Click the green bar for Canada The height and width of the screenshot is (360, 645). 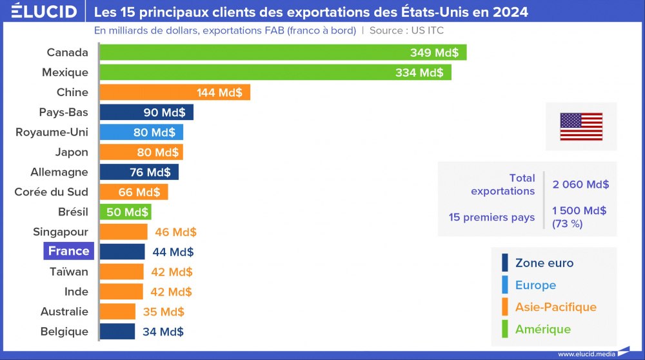(283, 52)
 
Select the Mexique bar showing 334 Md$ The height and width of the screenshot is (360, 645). (275, 72)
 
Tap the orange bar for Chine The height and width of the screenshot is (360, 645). (175, 92)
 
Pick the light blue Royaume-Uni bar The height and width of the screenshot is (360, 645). (141, 132)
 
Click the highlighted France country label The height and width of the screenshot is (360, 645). (68, 251)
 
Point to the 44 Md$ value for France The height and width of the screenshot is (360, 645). (173, 252)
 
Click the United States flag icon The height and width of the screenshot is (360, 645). (581, 126)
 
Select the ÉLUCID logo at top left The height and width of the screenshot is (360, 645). (44, 12)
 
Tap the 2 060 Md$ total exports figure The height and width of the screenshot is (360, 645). (580, 185)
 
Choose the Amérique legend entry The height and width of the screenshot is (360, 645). (542, 329)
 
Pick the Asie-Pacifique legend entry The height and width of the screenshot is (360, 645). (555, 307)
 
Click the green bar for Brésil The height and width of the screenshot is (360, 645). (125, 212)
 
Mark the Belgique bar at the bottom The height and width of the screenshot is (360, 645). (117, 332)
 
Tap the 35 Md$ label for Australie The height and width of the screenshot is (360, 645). (163, 312)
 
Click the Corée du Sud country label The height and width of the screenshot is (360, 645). (51, 192)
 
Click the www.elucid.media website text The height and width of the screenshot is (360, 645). (586, 354)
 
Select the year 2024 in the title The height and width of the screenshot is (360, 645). (509, 12)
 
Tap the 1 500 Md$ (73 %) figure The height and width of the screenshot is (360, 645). (579, 217)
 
